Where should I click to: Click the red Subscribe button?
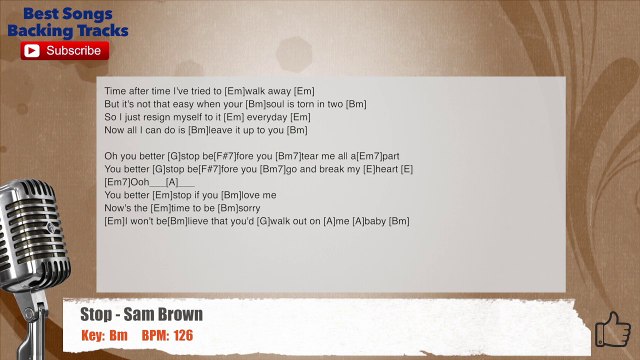[x=66, y=50]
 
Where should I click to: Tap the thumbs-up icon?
[x=612, y=329]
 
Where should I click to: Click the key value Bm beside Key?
[x=119, y=335]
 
